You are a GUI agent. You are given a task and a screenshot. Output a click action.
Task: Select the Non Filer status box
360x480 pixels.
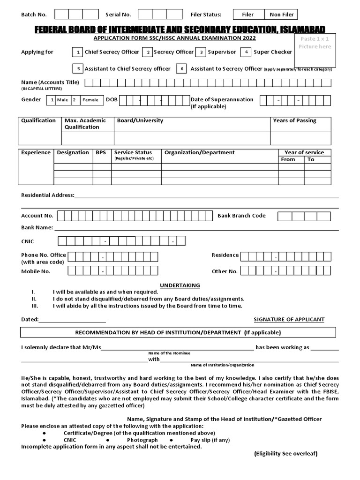281,15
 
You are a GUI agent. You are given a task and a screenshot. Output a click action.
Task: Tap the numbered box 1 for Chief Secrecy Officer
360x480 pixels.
78,52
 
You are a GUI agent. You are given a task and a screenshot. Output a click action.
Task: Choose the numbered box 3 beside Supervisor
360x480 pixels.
201,52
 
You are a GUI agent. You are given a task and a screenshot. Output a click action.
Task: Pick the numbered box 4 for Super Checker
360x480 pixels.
246,52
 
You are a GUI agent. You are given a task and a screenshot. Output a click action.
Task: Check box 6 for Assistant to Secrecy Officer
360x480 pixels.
182,69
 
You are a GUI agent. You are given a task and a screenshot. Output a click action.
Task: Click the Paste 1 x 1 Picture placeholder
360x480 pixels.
315,50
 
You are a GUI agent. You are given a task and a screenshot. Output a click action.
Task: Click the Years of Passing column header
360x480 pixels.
294,120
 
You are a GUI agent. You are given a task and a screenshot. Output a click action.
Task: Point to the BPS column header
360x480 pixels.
101,152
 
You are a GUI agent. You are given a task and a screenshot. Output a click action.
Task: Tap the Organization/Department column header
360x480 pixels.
199,152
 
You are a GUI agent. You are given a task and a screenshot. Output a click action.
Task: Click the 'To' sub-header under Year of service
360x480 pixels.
311,159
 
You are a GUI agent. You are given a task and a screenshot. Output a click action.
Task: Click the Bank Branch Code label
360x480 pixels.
241,216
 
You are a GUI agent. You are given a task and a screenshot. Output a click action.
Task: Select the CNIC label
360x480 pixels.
28,241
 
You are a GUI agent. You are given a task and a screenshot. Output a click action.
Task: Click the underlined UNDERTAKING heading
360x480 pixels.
180,285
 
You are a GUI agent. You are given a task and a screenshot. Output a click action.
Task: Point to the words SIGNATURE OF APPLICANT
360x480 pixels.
289,319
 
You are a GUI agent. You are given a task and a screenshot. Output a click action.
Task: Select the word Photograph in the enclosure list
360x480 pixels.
142,440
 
